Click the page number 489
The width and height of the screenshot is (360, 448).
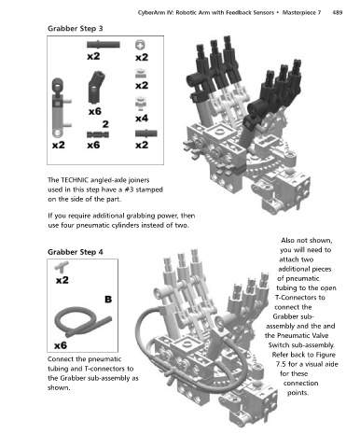[338, 13]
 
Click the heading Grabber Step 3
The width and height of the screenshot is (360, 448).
[76, 29]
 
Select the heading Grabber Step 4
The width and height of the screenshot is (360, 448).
[76, 252]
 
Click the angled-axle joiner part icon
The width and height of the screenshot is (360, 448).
[96, 87]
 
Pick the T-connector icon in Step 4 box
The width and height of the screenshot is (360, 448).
[62, 267]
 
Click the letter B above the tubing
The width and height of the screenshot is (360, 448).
[108, 300]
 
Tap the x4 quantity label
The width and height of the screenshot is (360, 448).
[142, 119]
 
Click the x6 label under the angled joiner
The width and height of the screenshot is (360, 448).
[95, 111]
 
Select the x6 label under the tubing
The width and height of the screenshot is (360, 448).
[61, 345]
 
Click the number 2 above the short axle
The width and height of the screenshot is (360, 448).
[105, 124]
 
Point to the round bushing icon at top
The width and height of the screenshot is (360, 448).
[140, 45]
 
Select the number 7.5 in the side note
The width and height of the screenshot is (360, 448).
[281, 364]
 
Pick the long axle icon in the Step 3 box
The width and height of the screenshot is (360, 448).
[104, 45]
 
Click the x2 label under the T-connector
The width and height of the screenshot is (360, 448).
[62, 280]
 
